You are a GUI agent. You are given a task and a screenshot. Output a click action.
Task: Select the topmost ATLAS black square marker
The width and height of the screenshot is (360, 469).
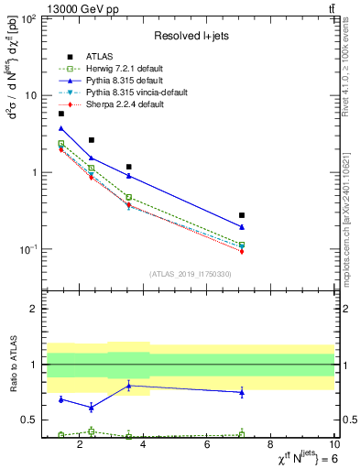click(61, 114)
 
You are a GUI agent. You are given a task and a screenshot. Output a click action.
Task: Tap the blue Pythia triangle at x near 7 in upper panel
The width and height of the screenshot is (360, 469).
click(242, 227)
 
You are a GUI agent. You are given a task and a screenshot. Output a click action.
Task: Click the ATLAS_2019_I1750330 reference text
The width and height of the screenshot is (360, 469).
click(190, 274)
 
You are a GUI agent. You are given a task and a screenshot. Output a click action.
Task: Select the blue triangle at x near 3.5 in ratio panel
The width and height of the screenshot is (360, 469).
click(129, 386)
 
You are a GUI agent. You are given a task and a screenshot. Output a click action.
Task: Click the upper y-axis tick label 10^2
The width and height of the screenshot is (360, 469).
click(28, 18)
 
